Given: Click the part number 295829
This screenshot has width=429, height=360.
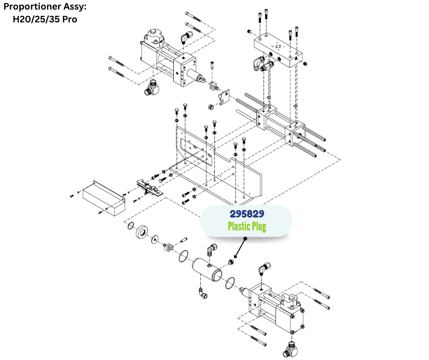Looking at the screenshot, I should pos(246,213).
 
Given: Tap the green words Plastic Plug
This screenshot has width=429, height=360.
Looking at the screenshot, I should pos(246,226).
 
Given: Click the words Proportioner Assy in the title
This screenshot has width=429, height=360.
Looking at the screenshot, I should pos(45,8).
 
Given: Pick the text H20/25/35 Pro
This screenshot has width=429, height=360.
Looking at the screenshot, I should pos(45,20).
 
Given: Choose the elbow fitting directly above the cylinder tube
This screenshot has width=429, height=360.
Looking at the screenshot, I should pos(211,250).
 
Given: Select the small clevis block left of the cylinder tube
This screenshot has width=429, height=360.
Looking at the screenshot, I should pos(167,247).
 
